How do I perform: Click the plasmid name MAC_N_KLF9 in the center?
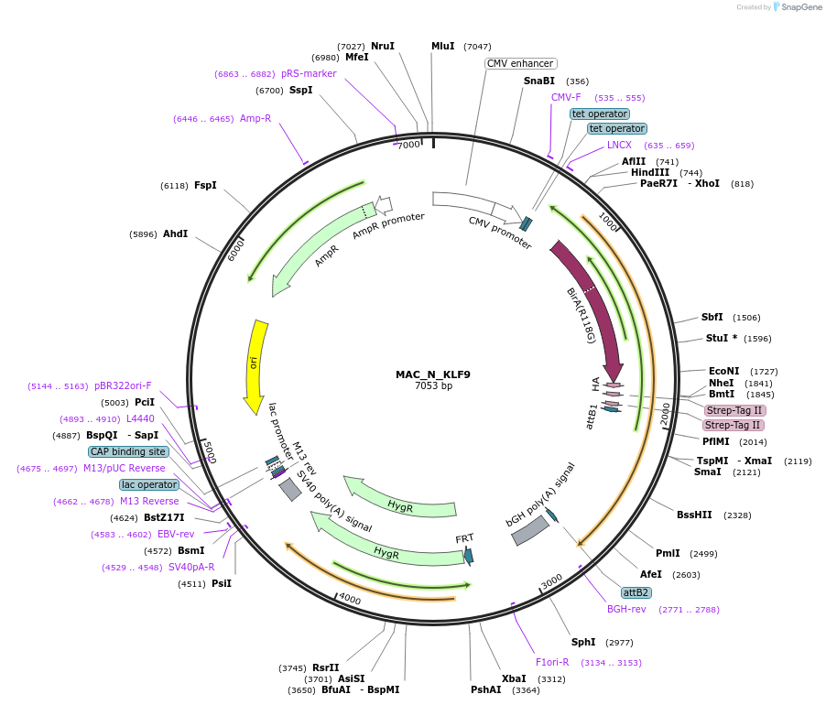[433, 374]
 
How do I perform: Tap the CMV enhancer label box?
[520, 63]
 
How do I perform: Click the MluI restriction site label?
[442, 46]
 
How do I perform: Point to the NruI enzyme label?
[382, 46]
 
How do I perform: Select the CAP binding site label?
[128, 451]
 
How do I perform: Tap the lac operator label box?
[148, 484]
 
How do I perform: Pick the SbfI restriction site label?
[712, 317]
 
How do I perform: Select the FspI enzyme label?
[205, 185]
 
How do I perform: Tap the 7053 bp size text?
[433, 386]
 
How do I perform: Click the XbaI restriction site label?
[514, 678]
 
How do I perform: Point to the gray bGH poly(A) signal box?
[529, 531]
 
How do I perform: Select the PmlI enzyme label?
[668, 553]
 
